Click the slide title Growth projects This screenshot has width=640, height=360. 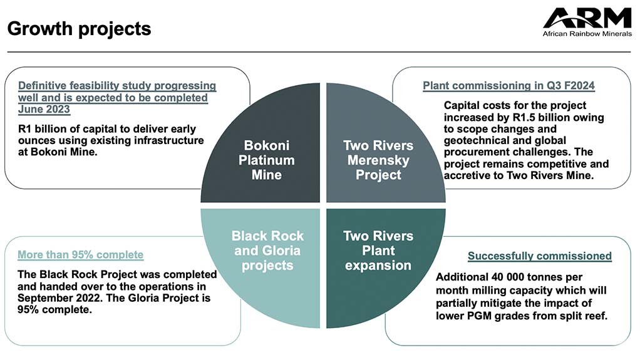79,29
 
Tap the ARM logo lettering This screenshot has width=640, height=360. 587,18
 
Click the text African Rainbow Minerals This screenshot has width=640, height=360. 587,34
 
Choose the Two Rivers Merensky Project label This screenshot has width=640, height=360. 378,160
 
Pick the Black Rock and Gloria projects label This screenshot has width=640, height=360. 267,250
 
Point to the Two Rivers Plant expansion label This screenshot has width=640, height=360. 378,250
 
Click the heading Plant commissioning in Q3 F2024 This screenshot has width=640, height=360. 508,86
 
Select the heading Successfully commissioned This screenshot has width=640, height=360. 539,255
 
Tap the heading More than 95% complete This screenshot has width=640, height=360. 80,255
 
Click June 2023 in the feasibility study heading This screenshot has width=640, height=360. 44,110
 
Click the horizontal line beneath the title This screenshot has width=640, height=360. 319,52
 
